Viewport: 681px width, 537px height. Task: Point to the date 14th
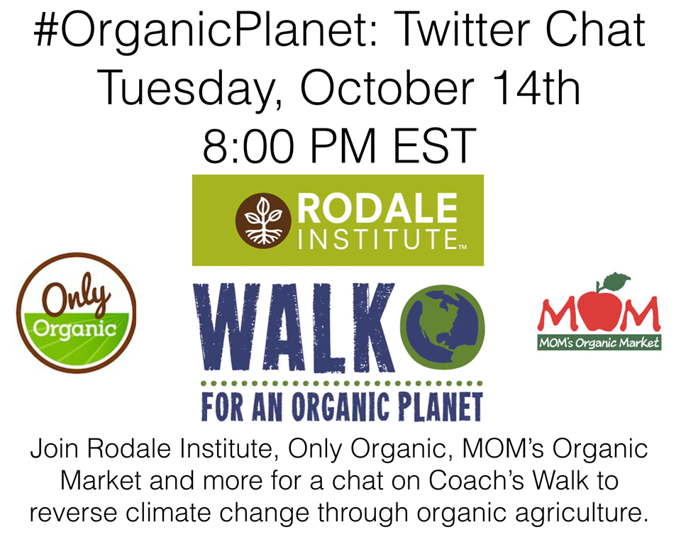pos(536,87)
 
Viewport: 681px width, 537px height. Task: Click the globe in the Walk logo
pos(442,323)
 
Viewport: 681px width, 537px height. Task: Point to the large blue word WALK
pos(294,327)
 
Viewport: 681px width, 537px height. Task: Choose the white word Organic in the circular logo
pos(75,329)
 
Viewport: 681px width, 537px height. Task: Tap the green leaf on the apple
pos(616,280)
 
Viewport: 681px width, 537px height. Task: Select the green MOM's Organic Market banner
pos(599,343)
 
